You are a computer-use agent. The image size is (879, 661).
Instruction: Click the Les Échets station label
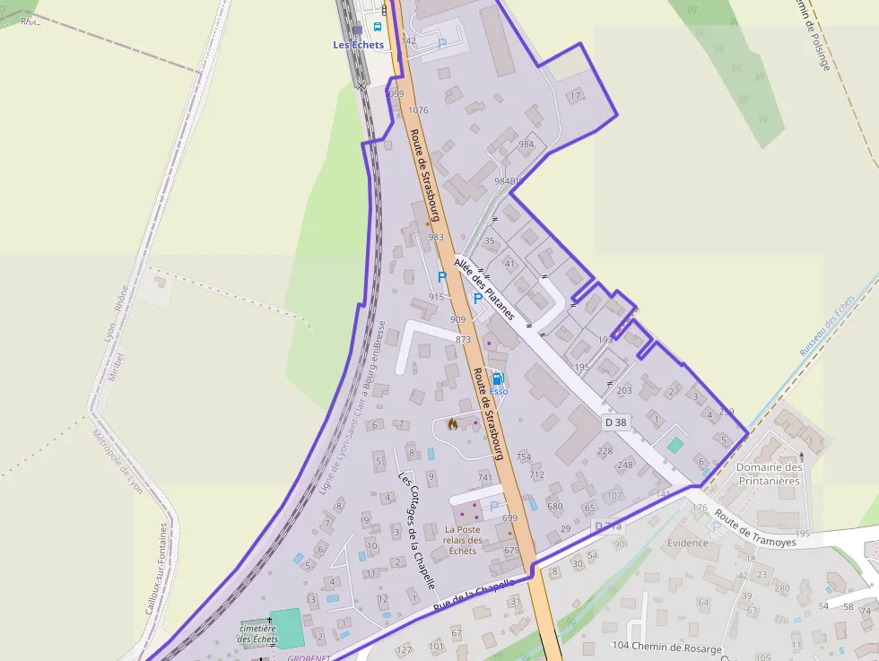[358, 45]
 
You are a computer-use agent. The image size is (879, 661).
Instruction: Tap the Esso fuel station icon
[498, 379]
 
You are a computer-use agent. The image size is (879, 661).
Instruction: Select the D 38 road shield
[614, 422]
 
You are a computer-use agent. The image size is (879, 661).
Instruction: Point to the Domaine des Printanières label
[769, 474]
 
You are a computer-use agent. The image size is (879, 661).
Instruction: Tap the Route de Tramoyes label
[744, 530]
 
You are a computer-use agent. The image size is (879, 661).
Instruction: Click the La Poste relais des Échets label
[463, 540]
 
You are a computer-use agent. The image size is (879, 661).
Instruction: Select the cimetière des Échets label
[258, 634]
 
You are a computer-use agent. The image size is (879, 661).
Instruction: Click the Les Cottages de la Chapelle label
[416, 529]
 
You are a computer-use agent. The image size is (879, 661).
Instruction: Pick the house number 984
[526, 144]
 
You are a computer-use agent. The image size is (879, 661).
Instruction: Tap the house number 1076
[418, 110]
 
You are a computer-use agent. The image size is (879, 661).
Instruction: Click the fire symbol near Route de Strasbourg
[451, 423]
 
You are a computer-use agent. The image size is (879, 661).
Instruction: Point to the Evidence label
[688, 543]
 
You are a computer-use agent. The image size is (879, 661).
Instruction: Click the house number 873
[463, 340]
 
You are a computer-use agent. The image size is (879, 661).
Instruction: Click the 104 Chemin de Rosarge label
[665, 647]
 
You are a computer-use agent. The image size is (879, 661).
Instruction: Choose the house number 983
[436, 237]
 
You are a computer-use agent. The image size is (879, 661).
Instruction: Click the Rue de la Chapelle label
[473, 595]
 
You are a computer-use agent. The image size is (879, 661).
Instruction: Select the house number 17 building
[575, 94]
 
